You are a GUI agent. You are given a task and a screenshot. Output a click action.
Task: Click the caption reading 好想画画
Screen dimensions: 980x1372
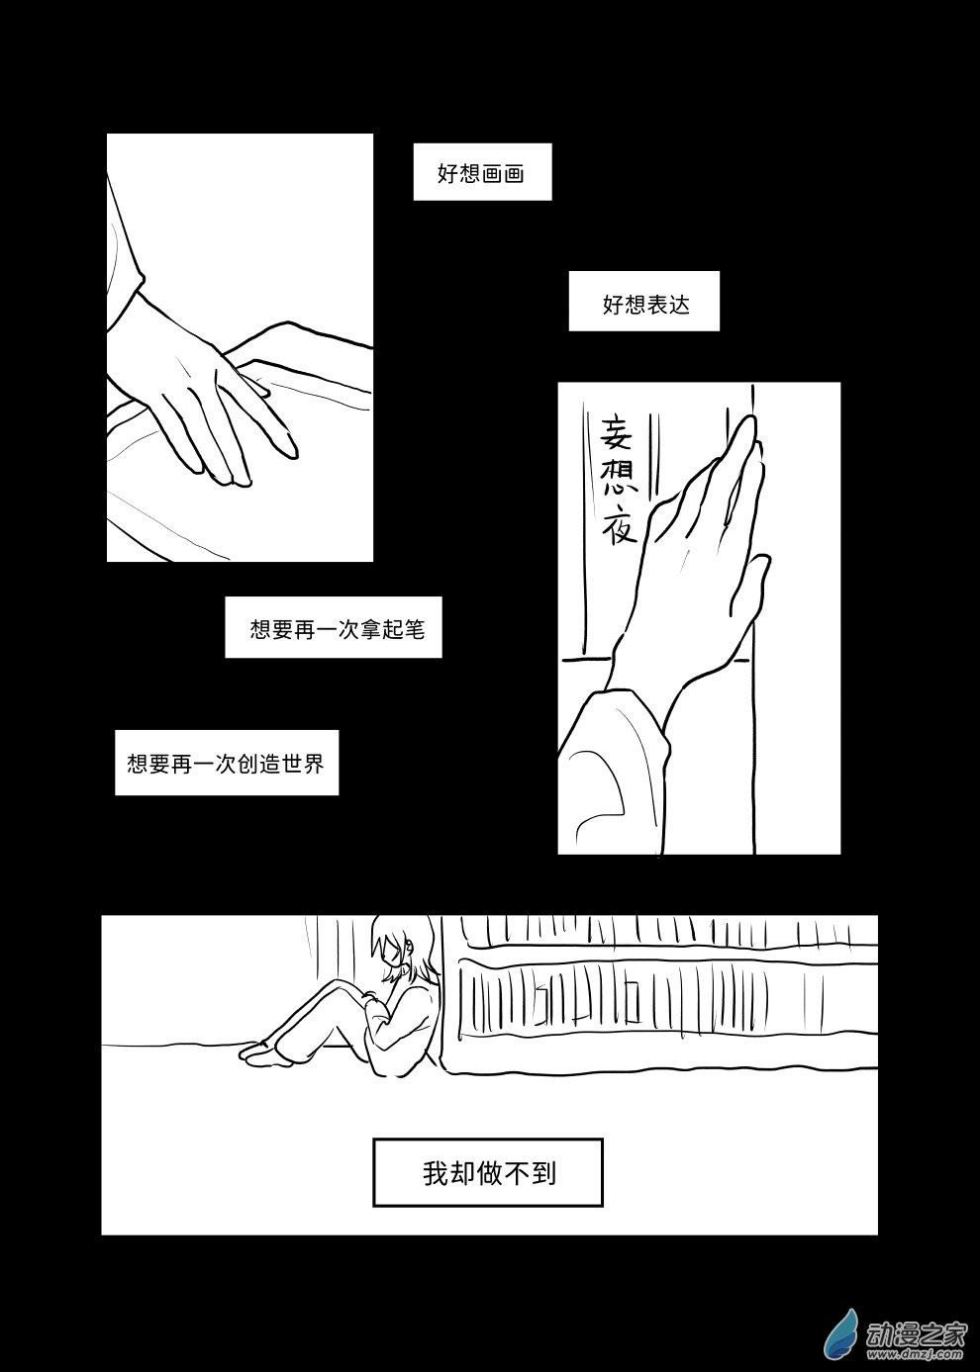click(x=482, y=173)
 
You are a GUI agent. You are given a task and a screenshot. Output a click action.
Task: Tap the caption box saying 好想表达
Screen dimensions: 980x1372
click(x=644, y=302)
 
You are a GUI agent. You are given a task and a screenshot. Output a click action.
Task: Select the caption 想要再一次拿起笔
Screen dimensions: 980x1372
click(x=334, y=628)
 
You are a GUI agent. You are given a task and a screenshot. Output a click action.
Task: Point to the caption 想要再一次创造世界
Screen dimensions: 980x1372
click(x=227, y=764)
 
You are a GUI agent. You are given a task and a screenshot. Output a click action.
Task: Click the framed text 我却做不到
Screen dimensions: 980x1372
click(x=488, y=1173)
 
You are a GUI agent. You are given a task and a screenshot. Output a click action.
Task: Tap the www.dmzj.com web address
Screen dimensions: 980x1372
click(x=916, y=1353)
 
